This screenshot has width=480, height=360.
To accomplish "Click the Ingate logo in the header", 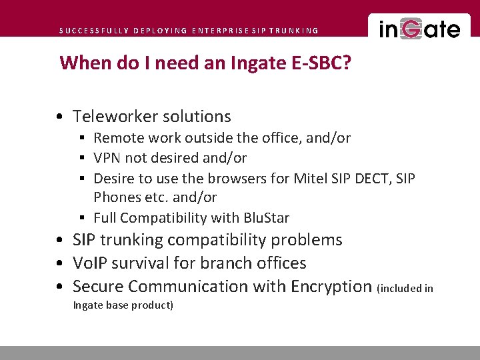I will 419,29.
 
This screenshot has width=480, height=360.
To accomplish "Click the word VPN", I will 107,158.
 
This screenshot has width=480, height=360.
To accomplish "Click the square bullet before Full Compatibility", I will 81,218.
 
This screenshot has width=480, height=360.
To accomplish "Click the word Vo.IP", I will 90,263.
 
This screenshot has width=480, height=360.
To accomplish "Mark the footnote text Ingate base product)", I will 123,305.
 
